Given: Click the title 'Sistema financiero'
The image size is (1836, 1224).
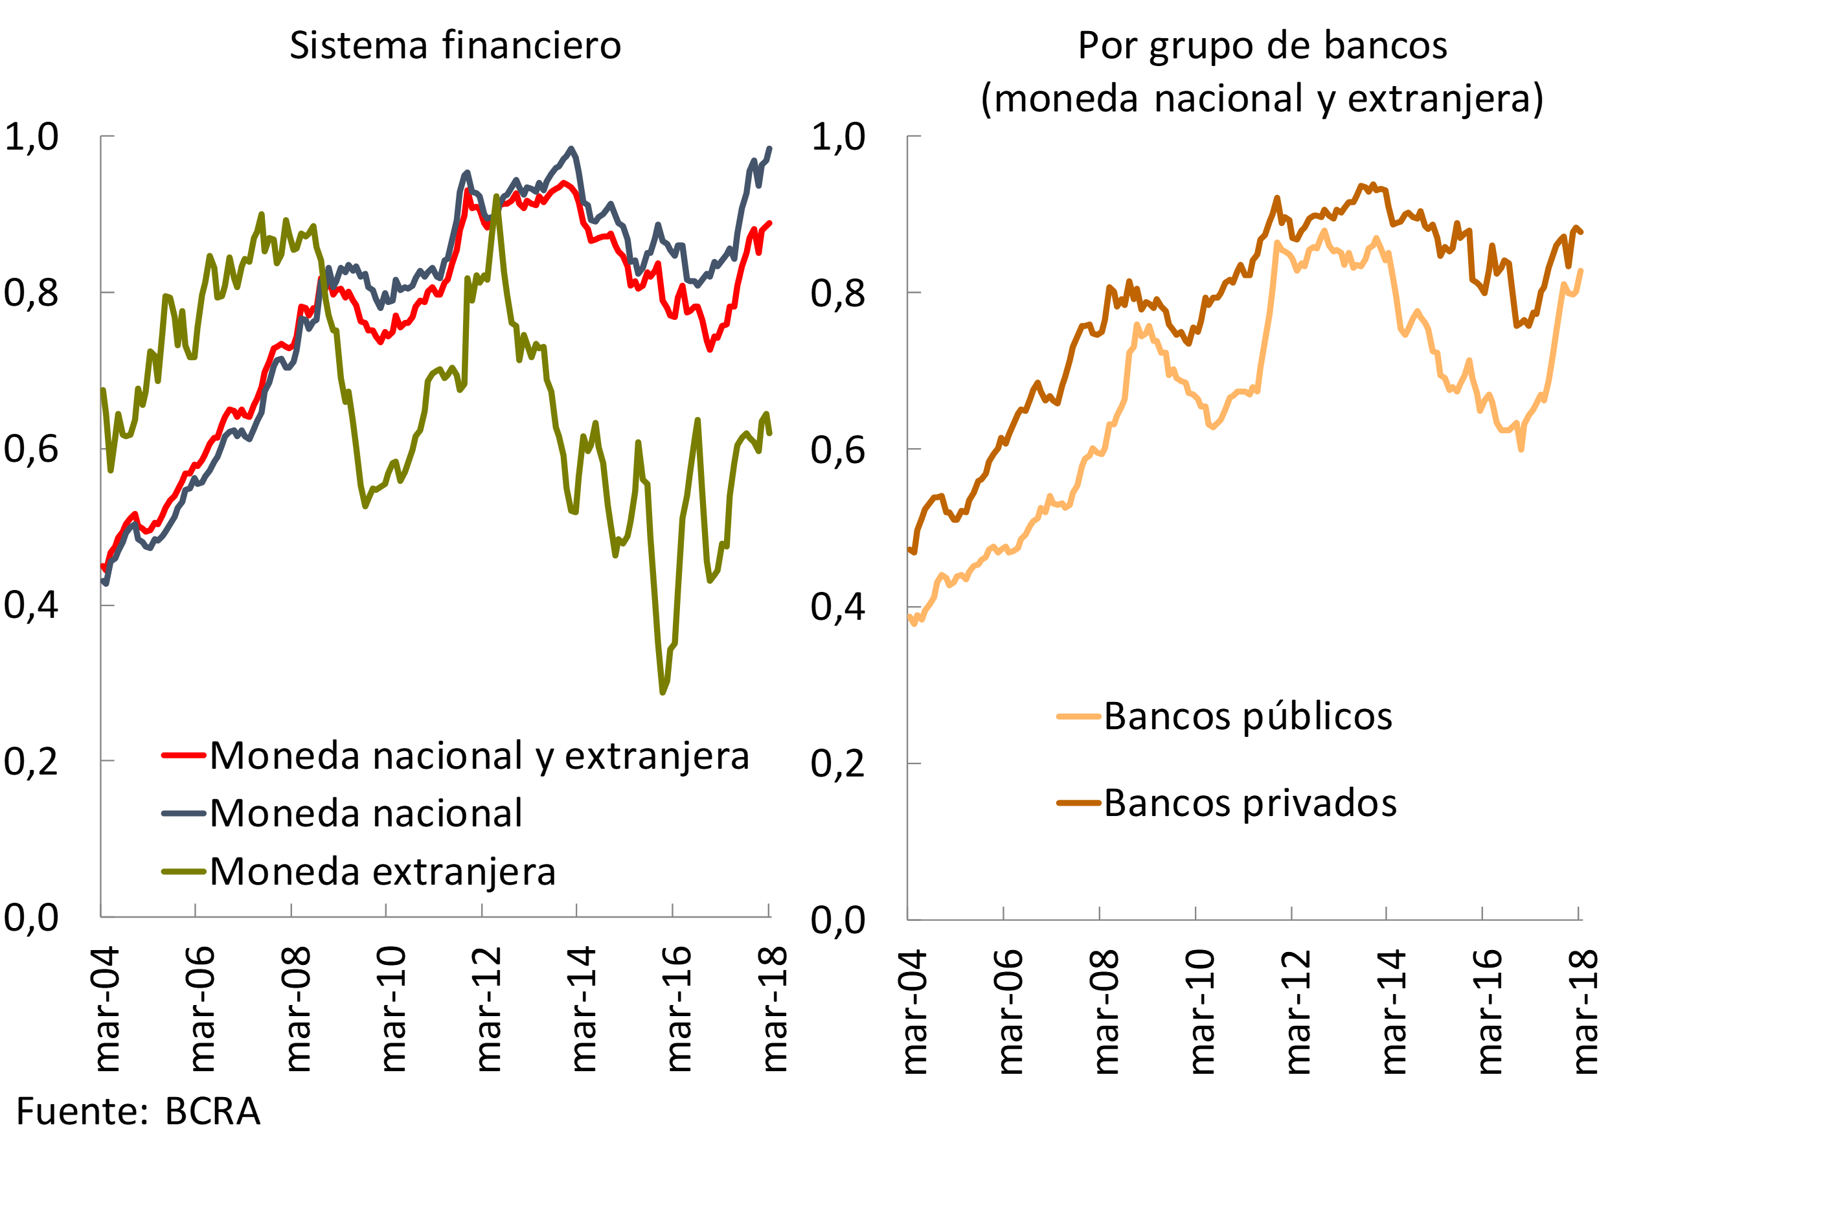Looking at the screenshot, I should (455, 45).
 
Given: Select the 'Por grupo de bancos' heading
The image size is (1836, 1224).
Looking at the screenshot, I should (1262, 45).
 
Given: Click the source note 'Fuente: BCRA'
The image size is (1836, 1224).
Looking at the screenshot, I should (138, 1111).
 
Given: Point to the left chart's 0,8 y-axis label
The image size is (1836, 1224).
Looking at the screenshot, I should (31, 293).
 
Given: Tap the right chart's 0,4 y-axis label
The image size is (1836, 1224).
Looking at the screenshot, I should (837, 607).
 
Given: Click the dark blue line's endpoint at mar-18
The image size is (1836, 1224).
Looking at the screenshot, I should (769, 148).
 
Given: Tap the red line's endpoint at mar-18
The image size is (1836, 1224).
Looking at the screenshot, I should (769, 223).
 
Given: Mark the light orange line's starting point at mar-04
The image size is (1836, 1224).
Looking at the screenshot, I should (910, 617).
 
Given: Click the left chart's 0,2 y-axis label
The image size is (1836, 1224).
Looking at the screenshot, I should (31, 761).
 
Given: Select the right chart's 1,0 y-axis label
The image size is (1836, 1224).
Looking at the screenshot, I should (837, 137).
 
